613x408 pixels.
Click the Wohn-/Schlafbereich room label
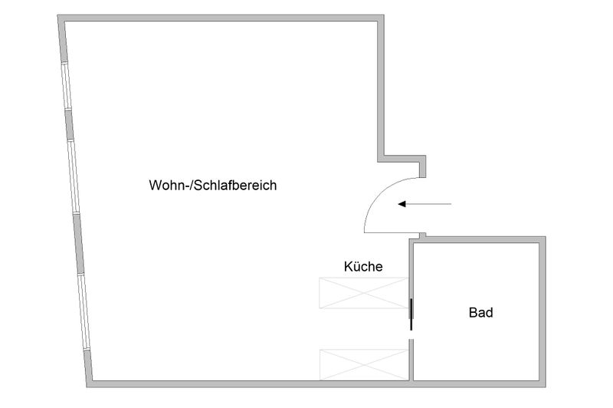213,185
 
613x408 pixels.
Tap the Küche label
363,266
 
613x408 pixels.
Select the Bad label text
481,313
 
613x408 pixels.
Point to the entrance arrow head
402,204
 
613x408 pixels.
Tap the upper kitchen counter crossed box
363,293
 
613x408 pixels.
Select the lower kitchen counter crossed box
363,364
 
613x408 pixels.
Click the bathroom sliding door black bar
411,314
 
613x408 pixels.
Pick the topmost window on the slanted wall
67,86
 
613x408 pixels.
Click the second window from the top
74,176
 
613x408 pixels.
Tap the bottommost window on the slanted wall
84,311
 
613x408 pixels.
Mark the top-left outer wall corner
58,15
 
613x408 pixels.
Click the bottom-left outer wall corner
87,387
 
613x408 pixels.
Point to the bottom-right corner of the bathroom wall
545,387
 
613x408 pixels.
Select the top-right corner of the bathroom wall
545,237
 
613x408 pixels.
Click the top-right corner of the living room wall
383,15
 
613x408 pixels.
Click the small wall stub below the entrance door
423,235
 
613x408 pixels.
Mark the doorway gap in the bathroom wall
411,334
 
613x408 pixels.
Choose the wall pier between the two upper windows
69,125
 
